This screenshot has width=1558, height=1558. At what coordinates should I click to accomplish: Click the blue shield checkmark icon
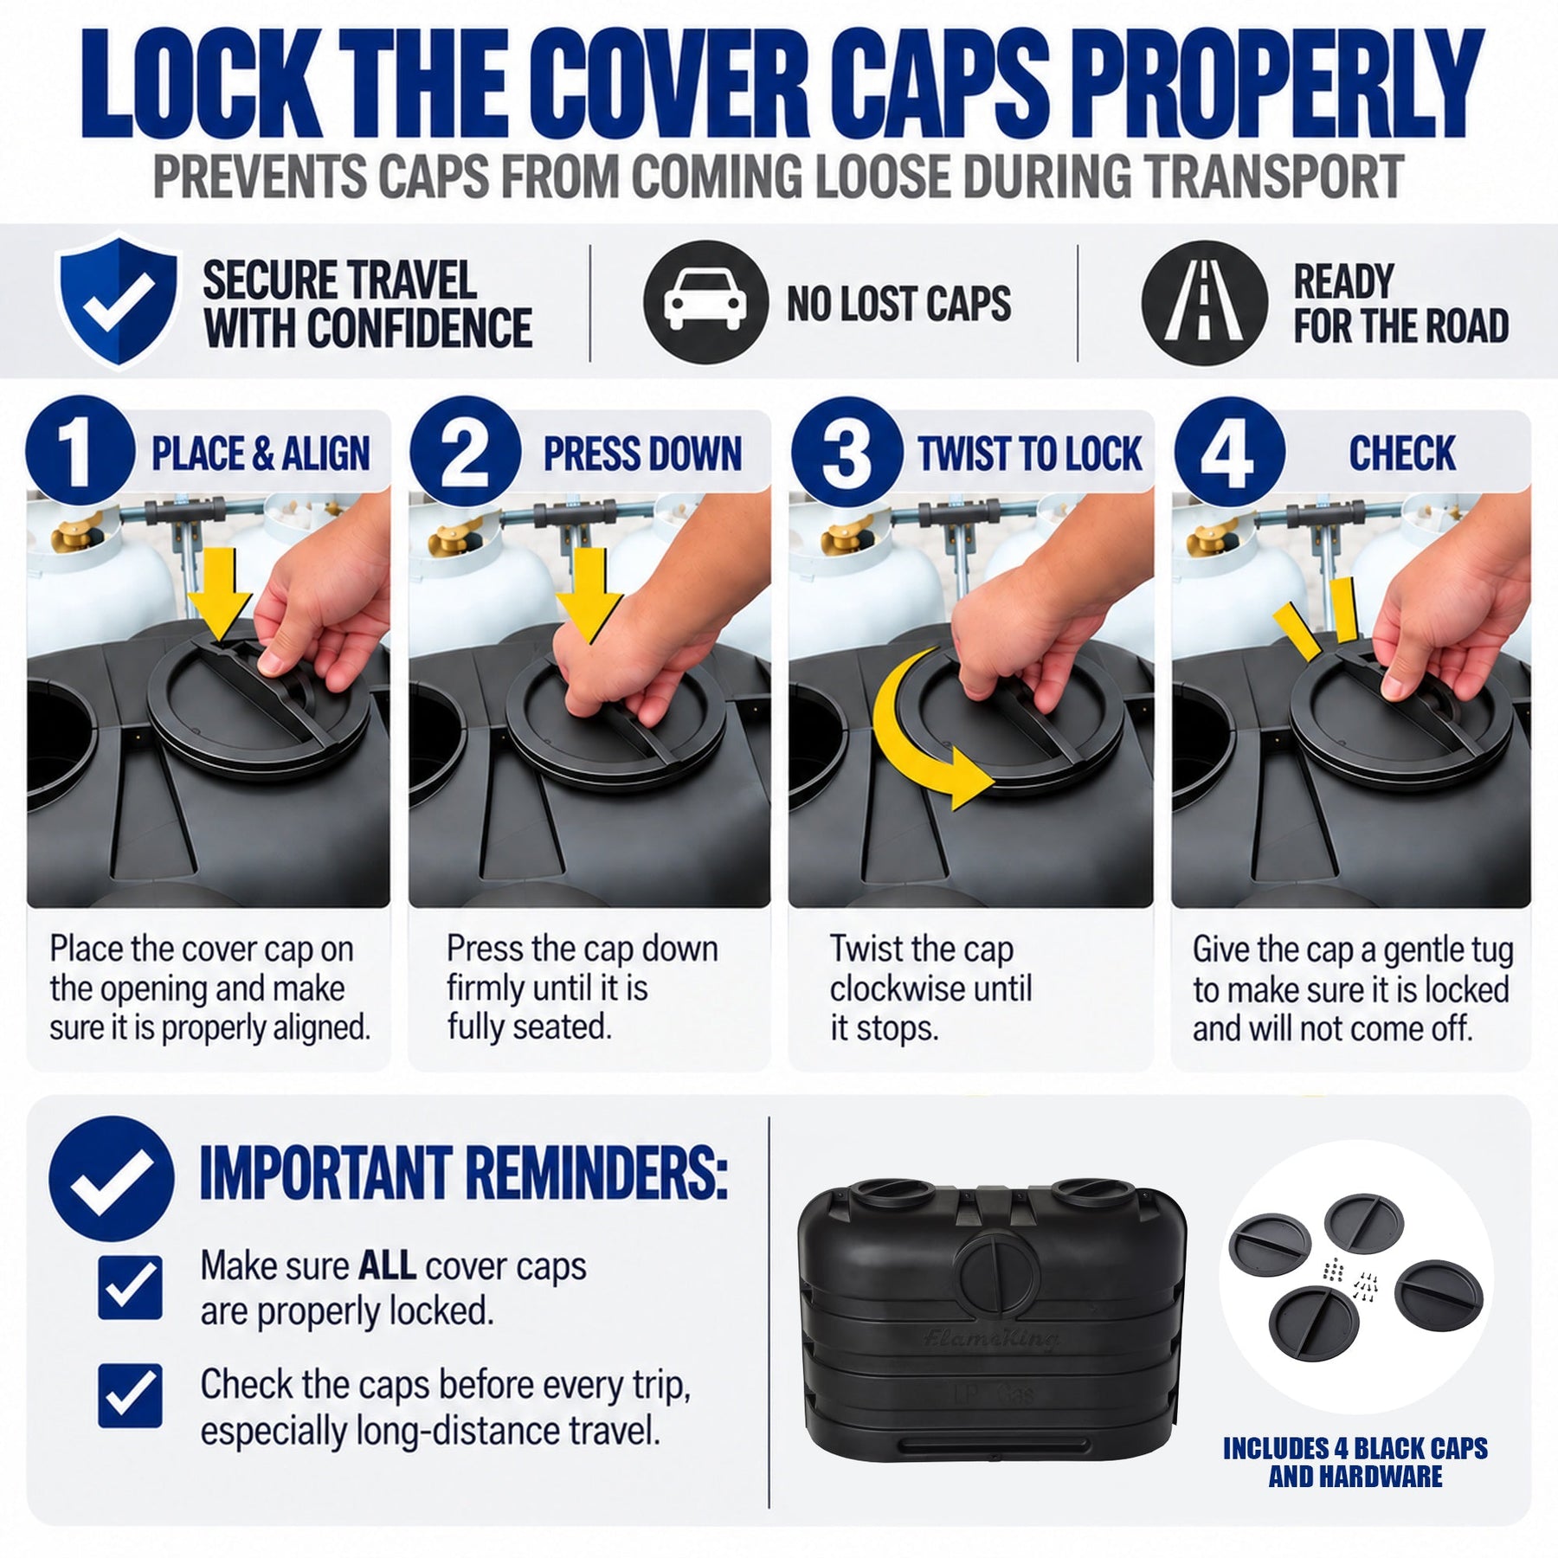click(117, 299)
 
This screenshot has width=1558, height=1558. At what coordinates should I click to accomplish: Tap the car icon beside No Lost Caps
click(705, 302)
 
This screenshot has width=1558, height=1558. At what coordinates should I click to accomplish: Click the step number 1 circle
click(80, 451)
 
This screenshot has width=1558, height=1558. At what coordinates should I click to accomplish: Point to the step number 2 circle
click(465, 451)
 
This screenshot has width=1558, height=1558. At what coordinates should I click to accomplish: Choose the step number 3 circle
click(847, 451)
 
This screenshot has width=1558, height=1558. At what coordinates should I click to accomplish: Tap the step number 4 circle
click(1229, 451)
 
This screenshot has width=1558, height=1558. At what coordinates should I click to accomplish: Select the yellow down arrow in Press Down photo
click(589, 596)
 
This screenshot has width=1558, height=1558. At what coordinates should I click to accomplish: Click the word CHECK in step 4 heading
click(1402, 454)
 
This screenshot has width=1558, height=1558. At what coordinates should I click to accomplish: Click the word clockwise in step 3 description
click(930, 988)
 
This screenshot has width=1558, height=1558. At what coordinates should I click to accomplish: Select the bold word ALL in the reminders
click(388, 1266)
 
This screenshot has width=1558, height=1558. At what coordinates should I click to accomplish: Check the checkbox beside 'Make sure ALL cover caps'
click(130, 1288)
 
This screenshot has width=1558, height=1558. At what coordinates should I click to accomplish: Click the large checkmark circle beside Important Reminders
click(111, 1179)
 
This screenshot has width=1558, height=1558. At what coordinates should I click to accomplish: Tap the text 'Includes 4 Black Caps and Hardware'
click(1355, 1462)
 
